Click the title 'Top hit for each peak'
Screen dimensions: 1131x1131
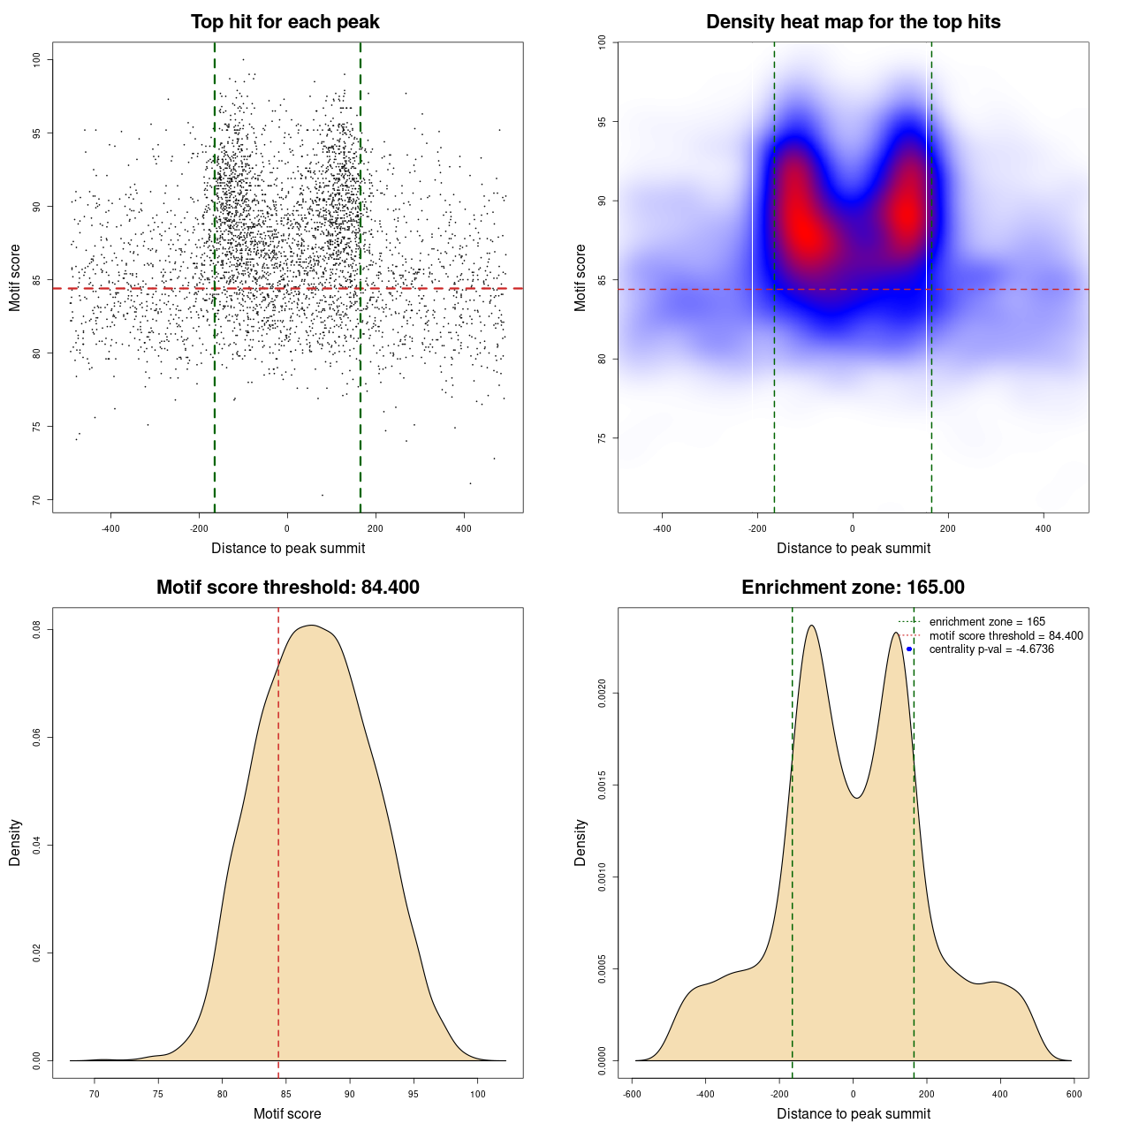[x=285, y=22]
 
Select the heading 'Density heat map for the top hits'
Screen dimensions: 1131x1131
[x=853, y=22]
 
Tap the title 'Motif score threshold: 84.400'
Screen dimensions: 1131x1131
[x=287, y=588]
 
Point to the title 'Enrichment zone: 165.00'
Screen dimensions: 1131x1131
[x=853, y=588]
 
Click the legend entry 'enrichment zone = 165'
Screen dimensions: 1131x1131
[x=987, y=622]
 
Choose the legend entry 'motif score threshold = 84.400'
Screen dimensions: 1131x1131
[x=1006, y=636]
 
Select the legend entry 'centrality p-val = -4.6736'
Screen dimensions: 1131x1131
[x=991, y=649]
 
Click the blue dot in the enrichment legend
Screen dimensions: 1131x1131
[x=909, y=649]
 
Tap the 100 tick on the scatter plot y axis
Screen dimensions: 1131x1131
[x=36, y=59]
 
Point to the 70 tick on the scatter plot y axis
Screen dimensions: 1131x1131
[x=36, y=500]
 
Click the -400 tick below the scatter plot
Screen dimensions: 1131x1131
[x=110, y=529]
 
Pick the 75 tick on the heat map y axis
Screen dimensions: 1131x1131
[x=602, y=438]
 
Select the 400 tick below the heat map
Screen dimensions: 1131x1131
[x=1044, y=529]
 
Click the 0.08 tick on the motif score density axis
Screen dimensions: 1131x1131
[x=36, y=629]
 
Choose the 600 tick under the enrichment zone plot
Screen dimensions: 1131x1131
[x=1074, y=1094]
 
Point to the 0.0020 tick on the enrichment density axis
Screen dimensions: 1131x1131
[x=602, y=694]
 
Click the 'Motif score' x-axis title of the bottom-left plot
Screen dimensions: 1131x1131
[x=287, y=1113]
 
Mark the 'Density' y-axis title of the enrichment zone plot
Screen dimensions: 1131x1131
[x=581, y=842]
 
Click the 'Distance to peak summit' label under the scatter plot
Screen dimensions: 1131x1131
[x=288, y=549]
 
